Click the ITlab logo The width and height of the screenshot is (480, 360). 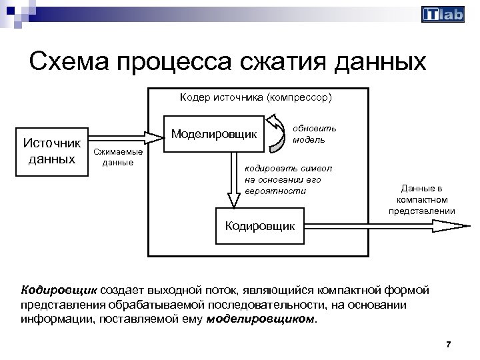click(443, 15)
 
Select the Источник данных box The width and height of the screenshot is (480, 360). click(52, 151)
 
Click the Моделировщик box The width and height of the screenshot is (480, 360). click(214, 134)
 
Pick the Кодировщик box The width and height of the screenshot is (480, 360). click(259, 225)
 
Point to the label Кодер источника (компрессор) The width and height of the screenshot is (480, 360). click(255, 97)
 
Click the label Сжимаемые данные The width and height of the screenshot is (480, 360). click(113, 157)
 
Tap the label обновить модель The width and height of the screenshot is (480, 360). click(314, 133)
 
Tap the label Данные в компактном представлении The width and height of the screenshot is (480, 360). click(421, 200)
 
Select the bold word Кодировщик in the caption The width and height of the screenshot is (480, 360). click(59, 291)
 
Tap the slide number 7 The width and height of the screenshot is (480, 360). click(448, 344)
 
